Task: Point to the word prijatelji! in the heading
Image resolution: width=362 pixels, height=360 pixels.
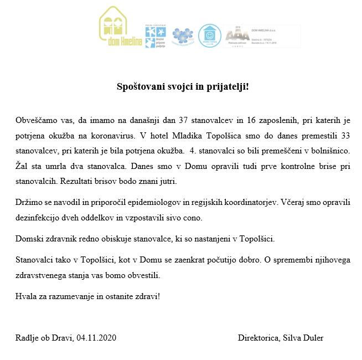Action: [x=227, y=87]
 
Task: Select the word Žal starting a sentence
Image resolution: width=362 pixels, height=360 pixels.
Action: [x=23, y=166]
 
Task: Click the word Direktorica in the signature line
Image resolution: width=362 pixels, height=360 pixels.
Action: [x=258, y=337]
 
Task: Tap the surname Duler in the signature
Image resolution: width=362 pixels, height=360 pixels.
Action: [x=312, y=337]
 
